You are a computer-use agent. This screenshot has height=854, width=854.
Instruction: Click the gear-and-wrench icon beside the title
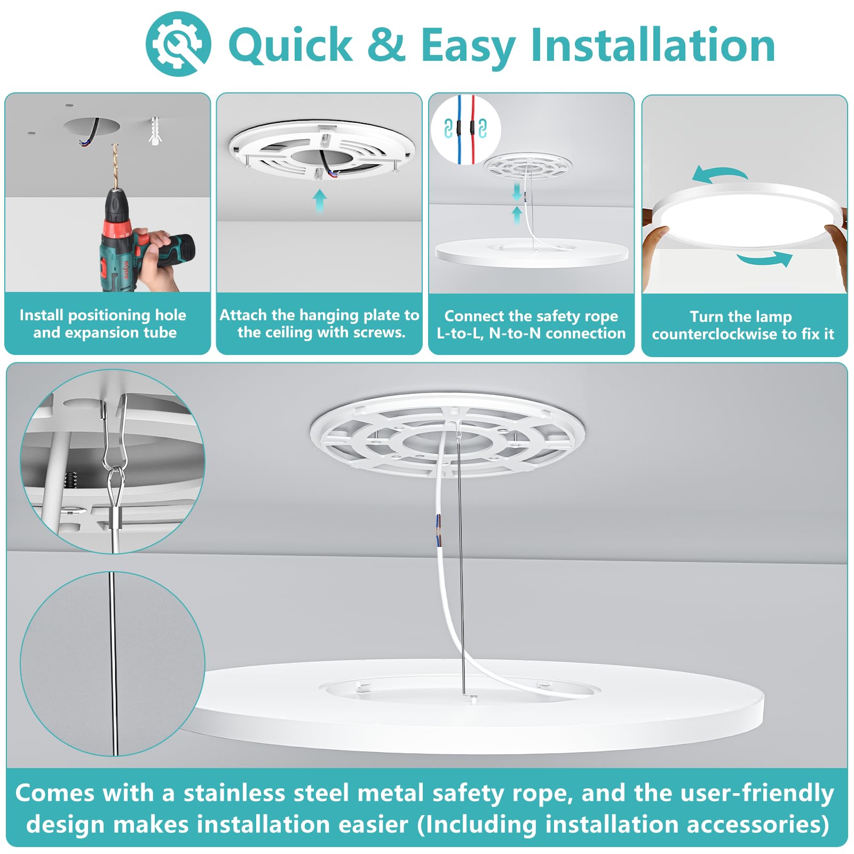tap(178, 44)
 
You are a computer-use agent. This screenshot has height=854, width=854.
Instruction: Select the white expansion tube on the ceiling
tap(155, 130)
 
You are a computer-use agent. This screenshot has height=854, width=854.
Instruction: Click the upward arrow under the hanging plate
tap(319, 201)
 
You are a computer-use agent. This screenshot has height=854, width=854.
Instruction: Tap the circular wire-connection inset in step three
tap(465, 130)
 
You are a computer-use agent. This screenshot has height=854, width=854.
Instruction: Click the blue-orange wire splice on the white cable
tap(439, 531)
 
